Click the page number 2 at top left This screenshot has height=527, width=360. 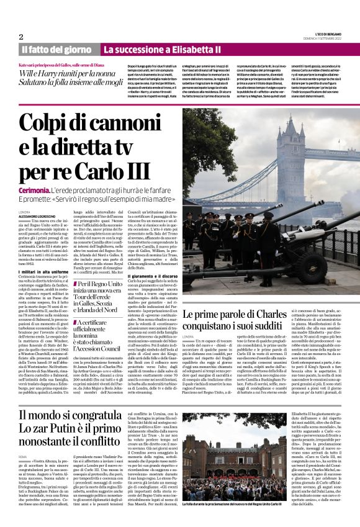pyautogui.click(x=21, y=37)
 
